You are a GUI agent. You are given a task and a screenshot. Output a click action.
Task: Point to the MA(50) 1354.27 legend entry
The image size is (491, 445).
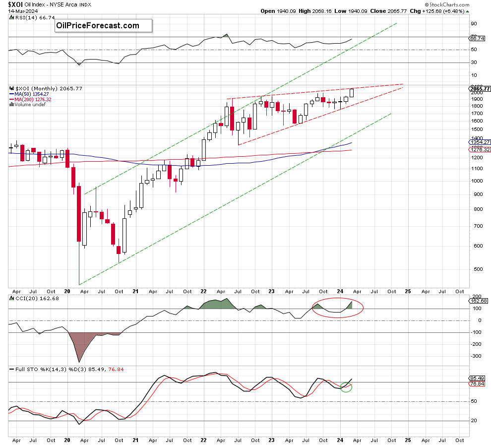32,94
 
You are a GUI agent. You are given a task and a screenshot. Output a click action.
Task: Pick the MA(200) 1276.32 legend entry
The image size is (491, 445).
34,99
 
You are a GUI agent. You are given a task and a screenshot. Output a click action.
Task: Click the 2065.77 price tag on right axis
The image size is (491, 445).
479,89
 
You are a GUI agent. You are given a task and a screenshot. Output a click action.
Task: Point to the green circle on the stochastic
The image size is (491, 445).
346,386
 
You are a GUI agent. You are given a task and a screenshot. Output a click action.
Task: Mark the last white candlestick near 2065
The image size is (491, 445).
352,93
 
